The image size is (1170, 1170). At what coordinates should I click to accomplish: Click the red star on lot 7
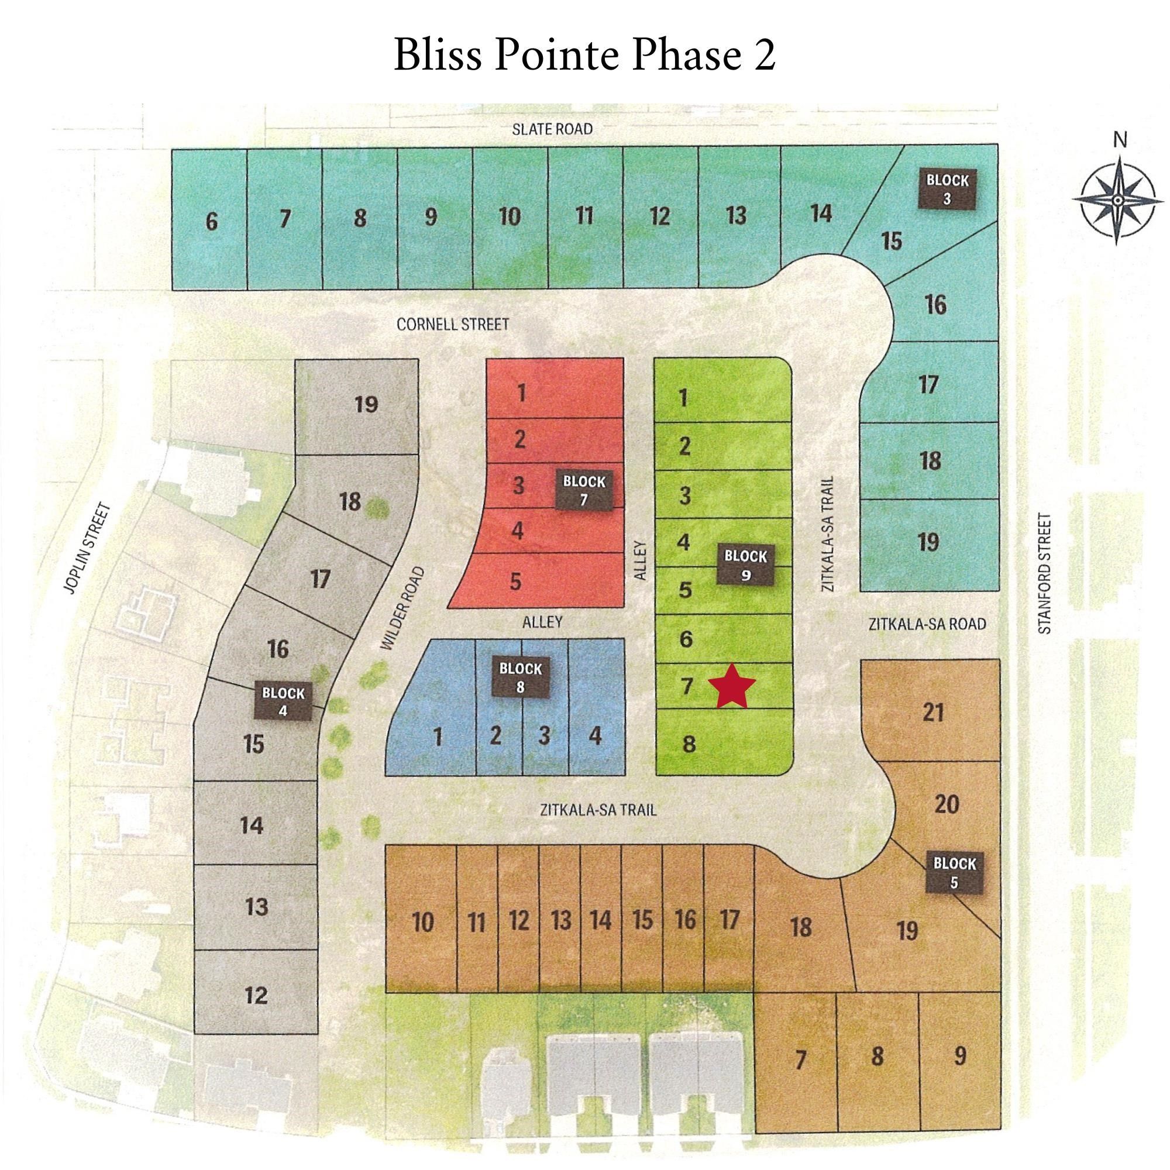(732, 687)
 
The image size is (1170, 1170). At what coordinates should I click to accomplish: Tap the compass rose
(1118, 200)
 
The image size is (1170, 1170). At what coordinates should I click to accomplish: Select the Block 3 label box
(947, 189)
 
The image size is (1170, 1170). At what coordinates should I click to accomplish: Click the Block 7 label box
(584, 491)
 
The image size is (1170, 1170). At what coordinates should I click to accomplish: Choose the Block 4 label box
(283, 701)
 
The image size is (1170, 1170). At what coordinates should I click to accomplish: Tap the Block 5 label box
(954, 873)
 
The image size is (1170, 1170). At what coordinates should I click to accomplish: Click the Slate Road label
(552, 129)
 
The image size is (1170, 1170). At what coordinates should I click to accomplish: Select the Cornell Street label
(452, 325)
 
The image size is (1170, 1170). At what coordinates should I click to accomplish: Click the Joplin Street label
(88, 549)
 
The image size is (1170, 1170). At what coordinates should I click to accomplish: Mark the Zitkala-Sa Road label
(927, 624)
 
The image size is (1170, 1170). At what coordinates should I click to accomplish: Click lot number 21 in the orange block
(932, 713)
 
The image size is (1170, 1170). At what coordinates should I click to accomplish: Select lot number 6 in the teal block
(211, 222)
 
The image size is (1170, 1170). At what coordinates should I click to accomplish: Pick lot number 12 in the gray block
(256, 995)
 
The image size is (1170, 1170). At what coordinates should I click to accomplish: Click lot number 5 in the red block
(515, 581)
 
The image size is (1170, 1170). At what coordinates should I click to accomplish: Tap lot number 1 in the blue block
(437, 737)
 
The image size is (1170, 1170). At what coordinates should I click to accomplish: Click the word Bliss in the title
(437, 55)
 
